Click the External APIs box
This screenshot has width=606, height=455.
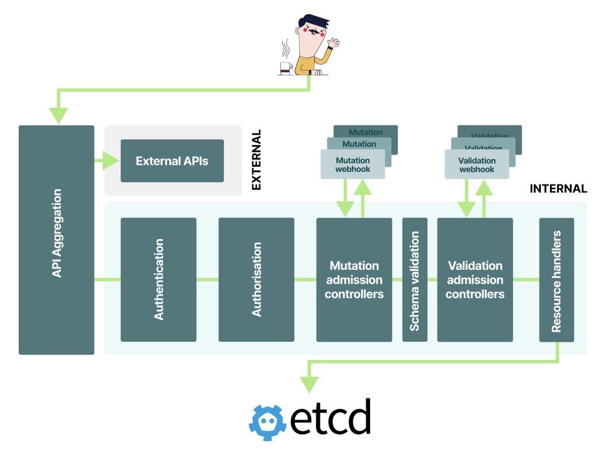(172, 161)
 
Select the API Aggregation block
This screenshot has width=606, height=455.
(57, 240)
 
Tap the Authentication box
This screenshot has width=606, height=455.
(158, 279)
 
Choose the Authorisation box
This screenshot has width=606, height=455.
(256, 279)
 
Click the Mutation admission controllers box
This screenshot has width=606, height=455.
(354, 279)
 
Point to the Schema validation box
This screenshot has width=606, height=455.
(415, 279)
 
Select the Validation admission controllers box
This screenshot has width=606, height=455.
(475, 279)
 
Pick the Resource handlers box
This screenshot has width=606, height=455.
(556, 279)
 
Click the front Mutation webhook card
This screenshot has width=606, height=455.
(353, 164)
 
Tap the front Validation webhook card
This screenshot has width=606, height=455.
(477, 164)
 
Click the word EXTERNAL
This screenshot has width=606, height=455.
(256, 160)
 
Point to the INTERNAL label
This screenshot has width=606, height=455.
(558, 188)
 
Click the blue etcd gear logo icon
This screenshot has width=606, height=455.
(267, 419)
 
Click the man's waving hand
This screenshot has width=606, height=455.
(333, 43)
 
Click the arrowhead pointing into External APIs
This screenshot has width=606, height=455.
(110, 160)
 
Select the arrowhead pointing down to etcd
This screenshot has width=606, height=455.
(309, 383)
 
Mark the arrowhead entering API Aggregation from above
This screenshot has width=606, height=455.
(58, 115)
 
